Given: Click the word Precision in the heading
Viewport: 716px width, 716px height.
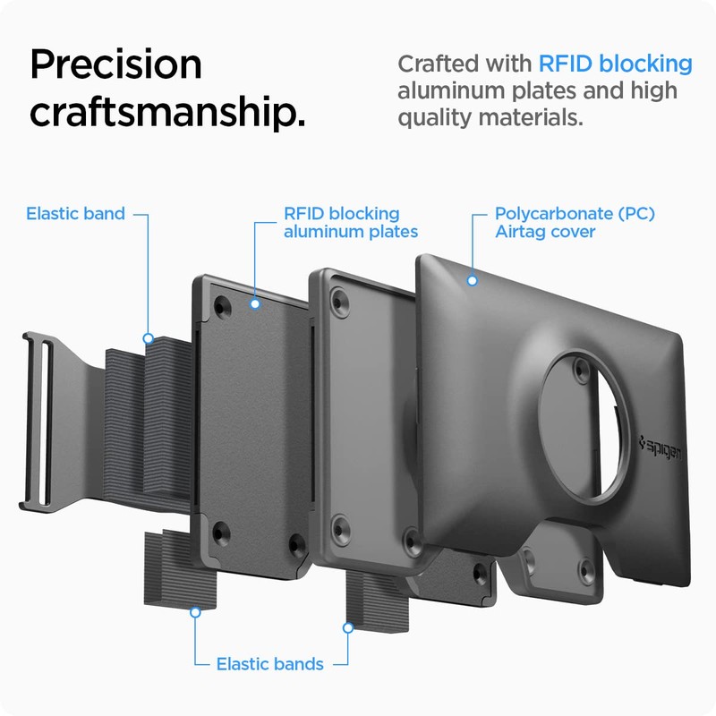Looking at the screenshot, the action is [116, 65].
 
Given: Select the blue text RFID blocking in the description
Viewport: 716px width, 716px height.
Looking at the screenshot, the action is [615, 64].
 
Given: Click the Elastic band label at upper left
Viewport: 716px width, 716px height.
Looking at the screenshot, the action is [75, 214].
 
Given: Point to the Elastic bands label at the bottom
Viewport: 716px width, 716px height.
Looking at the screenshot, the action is [269, 664].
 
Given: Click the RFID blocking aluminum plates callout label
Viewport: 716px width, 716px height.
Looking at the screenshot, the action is [350, 223].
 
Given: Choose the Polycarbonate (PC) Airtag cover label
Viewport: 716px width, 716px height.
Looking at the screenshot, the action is [575, 223].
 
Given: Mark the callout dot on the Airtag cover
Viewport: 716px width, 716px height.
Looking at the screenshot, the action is [471, 280].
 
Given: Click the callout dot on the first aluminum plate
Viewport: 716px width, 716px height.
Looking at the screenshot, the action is [255, 303].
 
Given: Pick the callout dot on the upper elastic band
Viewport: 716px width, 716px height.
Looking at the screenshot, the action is [149, 339].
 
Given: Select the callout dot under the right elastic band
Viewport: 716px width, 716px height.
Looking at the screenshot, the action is [348, 628].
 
